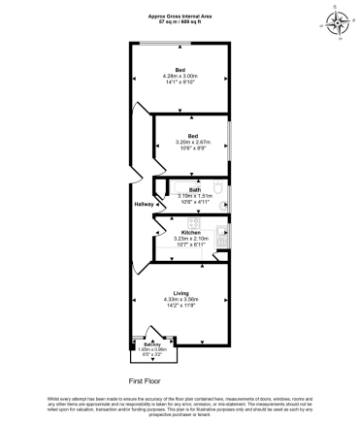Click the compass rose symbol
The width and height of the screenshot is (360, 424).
click(339, 20)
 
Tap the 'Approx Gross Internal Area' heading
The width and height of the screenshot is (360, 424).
click(180, 15)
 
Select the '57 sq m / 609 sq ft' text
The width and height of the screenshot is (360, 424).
click(180, 21)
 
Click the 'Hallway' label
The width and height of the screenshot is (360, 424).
click(145, 205)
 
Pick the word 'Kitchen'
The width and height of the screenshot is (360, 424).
click(191, 232)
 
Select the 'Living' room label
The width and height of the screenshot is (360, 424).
click(181, 292)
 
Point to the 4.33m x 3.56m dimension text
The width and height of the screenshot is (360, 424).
click(181, 300)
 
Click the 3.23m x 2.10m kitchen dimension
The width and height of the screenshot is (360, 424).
click(191, 239)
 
